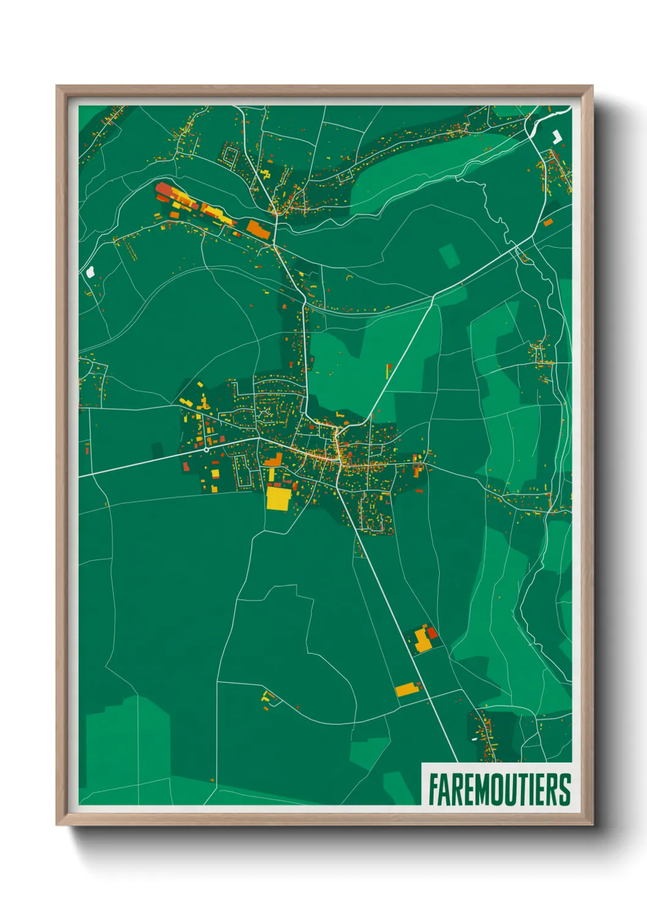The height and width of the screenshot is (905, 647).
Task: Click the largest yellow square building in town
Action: pos(278,498)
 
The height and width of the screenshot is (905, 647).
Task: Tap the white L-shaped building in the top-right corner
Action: pos(557,136)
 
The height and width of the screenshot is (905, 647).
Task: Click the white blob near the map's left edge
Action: pos(91,271)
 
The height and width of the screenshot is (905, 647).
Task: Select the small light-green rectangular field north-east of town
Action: pos(449,256)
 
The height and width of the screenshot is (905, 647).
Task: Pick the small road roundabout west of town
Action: pos(207,449)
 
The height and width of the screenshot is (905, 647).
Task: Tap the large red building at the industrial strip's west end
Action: pos(165,190)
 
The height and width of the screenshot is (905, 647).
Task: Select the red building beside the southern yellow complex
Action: pos(432,632)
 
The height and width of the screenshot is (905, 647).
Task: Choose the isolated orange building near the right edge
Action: pos(548,222)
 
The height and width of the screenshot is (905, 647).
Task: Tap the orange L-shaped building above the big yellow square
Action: pos(273,460)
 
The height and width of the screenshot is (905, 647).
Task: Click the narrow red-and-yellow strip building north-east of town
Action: pos(388,371)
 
